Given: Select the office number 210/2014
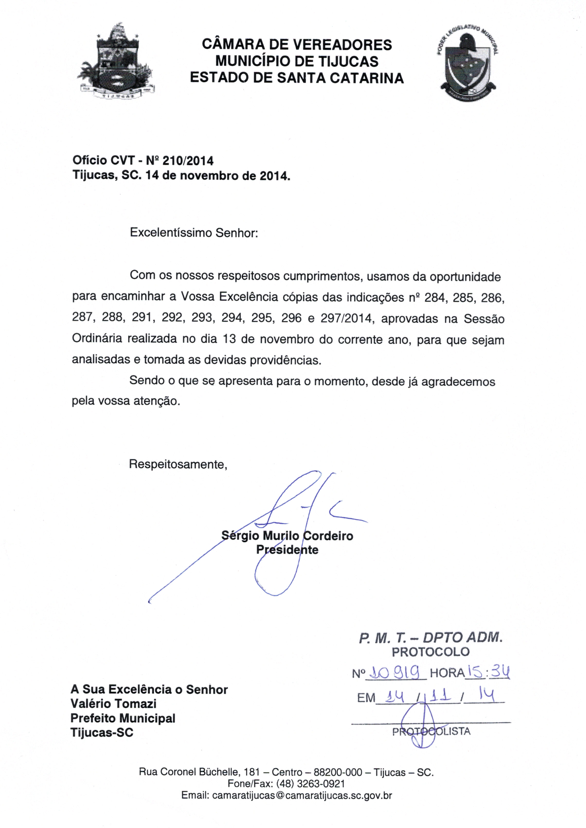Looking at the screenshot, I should click(x=188, y=161).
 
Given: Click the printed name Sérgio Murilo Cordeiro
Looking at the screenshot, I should click(x=287, y=536).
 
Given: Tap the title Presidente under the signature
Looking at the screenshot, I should click(x=287, y=550).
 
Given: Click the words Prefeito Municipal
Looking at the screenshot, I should click(x=123, y=718).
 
